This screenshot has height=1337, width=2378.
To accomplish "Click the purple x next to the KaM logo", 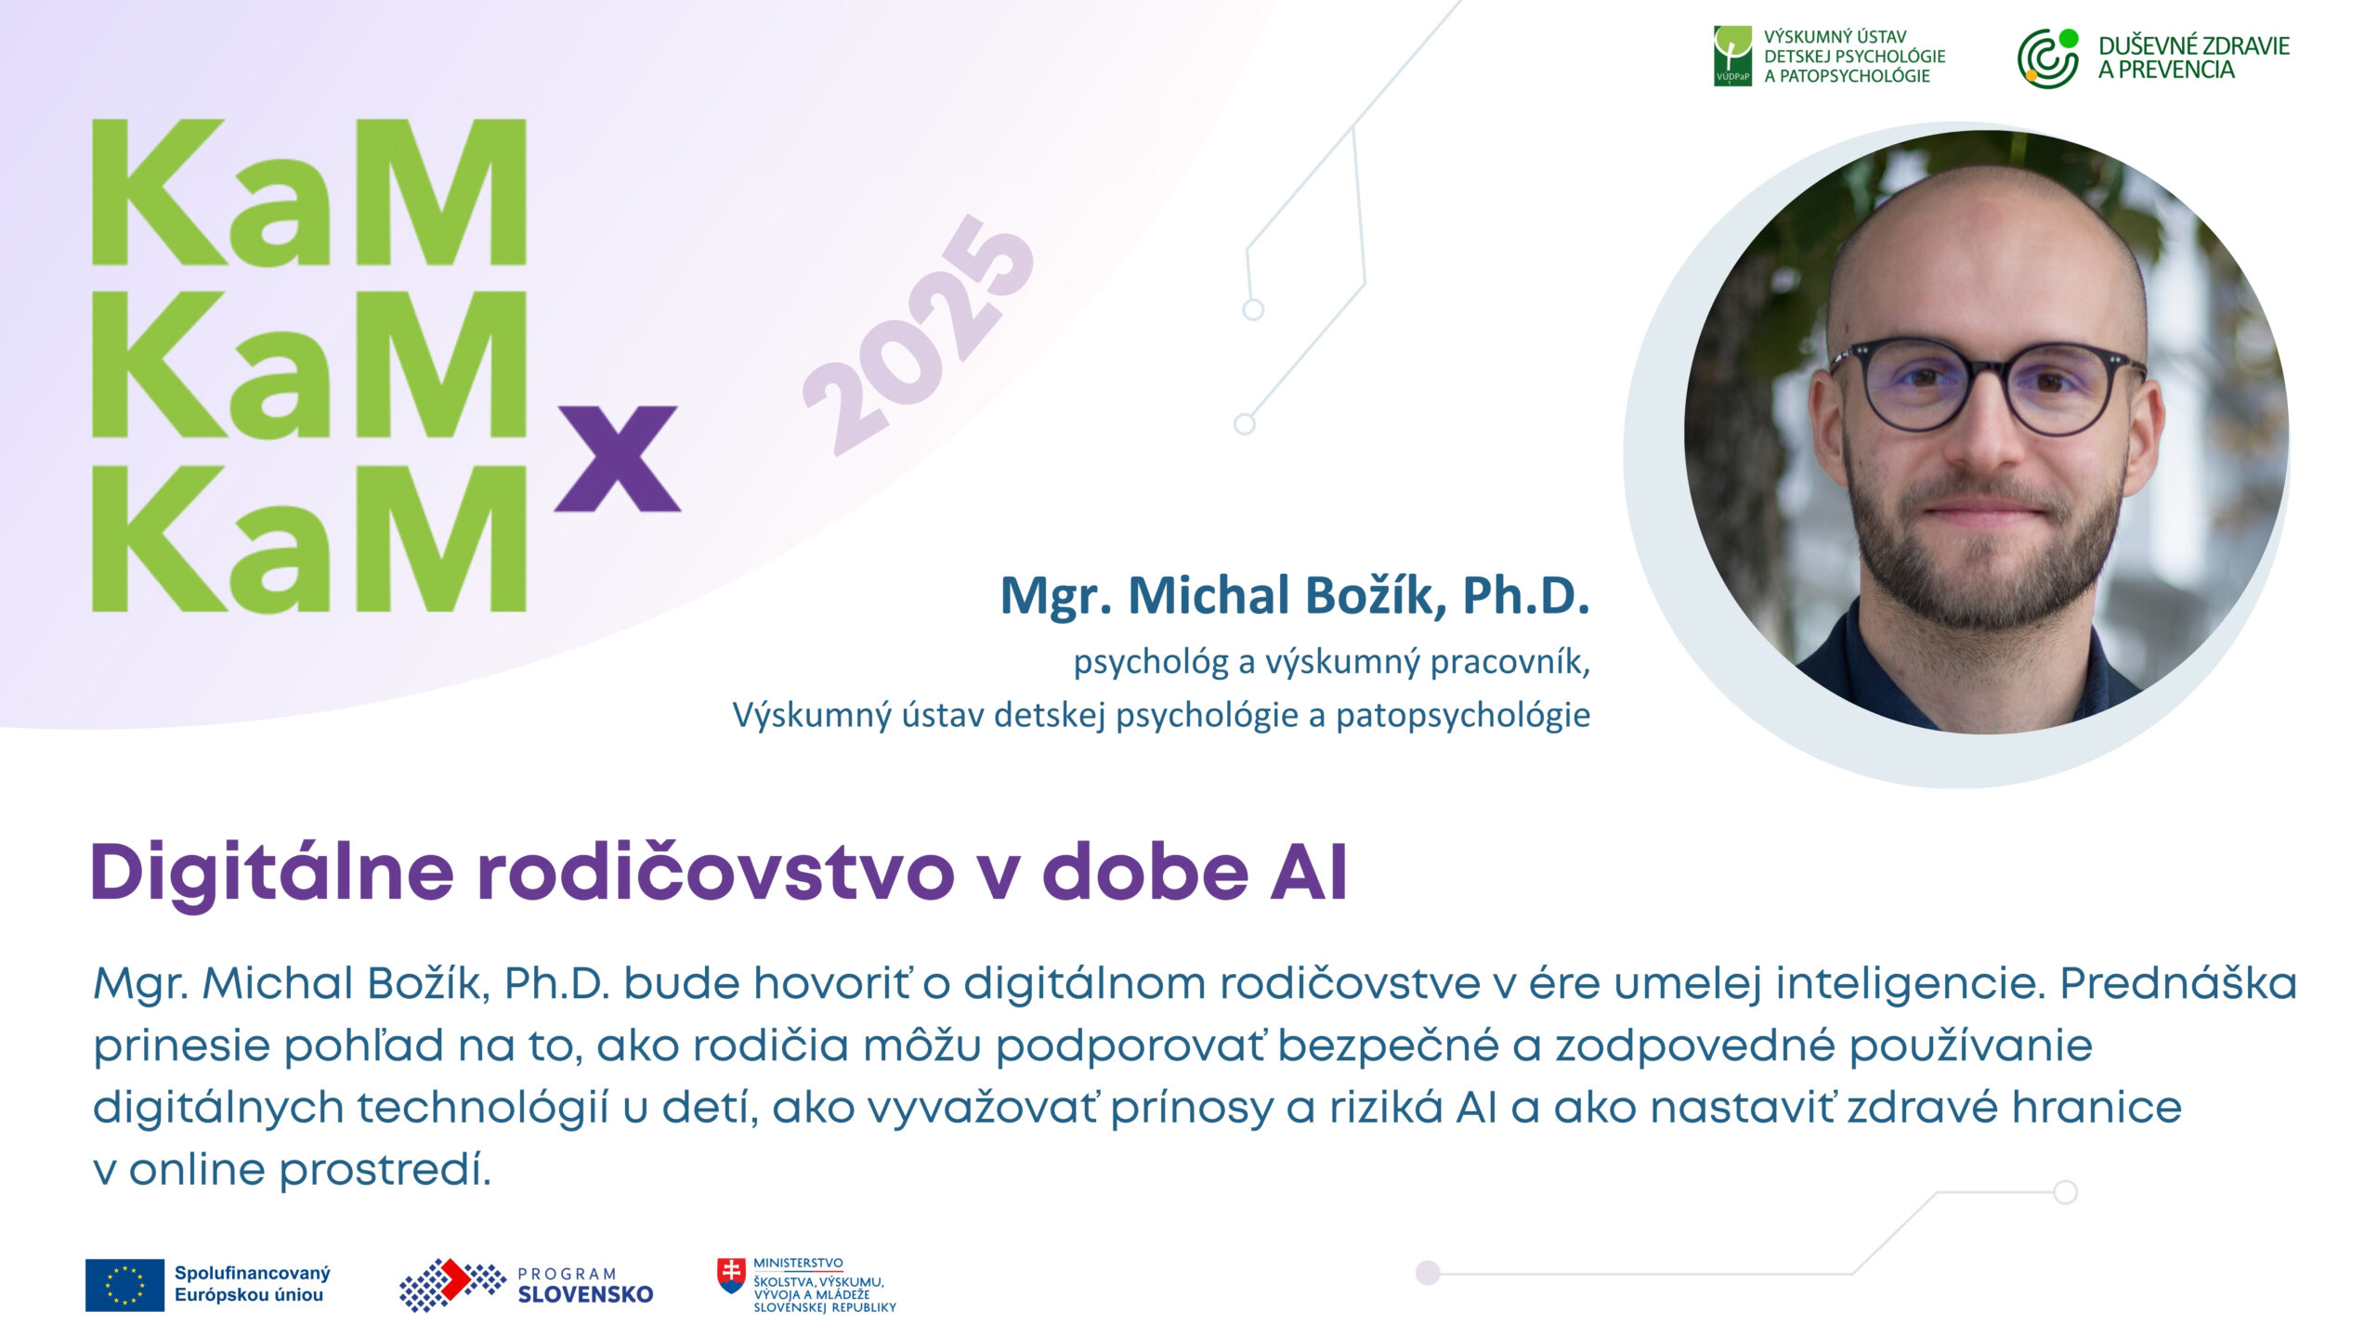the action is click(x=618, y=459).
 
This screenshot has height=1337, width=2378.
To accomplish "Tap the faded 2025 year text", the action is click(x=918, y=334).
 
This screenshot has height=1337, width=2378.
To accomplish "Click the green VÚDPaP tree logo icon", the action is click(x=1732, y=56).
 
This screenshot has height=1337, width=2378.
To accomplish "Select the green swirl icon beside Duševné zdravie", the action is click(x=2048, y=58).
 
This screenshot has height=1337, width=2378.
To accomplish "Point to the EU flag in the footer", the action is click(x=124, y=1285).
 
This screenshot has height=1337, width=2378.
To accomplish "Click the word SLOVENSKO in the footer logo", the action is click(x=585, y=1294).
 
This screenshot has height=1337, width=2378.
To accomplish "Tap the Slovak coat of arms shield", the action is click(x=731, y=1276).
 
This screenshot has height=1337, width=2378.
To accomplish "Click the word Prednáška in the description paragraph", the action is click(x=2178, y=983).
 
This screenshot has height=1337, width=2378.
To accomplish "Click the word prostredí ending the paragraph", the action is click(x=385, y=1170).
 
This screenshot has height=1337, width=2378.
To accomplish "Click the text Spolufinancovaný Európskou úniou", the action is click(x=252, y=1284).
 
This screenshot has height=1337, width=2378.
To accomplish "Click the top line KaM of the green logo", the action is click(x=309, y=192).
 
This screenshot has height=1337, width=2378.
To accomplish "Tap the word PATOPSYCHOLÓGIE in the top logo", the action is click(x=1854, y=76).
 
